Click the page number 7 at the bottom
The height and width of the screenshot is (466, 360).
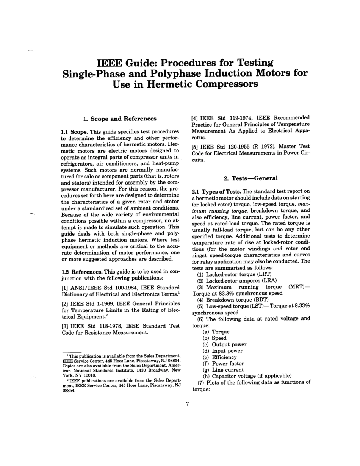tap(187, 403)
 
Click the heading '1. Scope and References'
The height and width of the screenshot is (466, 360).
tap(120, 119)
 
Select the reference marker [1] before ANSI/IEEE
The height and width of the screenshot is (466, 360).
tap(65, 288)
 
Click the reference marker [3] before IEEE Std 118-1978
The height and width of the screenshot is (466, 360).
tap(65, 326)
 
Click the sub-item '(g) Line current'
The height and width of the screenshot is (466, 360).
tap(223, 370)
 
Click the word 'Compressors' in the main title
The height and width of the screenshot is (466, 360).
tap(227, 84)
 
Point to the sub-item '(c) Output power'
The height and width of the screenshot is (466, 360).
tap(225, 344)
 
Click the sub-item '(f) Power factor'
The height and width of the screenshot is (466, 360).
tap(223, 363)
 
